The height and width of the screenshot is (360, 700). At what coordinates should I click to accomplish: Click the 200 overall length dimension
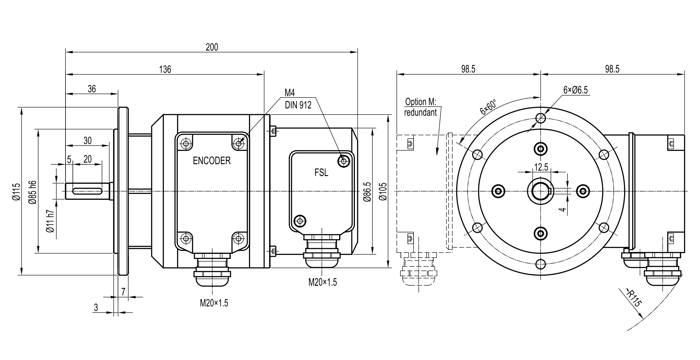212,47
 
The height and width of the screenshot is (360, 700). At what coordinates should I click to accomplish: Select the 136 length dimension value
165,69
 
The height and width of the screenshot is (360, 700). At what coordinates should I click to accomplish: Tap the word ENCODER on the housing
211,161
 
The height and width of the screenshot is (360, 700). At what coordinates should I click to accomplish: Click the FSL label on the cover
321,173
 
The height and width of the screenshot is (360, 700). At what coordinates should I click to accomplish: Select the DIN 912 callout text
298,105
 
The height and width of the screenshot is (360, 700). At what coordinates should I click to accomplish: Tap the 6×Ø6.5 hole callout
575,90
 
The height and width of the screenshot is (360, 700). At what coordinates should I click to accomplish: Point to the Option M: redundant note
421,107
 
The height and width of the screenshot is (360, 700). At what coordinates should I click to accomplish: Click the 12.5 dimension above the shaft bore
541,167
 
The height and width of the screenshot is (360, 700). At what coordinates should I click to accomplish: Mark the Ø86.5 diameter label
367,192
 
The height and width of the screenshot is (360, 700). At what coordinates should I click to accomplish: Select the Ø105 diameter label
383,192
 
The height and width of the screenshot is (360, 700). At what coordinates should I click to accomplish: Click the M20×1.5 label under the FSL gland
322,282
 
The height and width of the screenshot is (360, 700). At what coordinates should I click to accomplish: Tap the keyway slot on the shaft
87,191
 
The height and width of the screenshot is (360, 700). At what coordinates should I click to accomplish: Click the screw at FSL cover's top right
344,161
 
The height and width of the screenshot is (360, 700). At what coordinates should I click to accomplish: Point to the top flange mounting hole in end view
541,118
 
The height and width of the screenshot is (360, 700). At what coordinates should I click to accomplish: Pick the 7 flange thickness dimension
123,292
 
